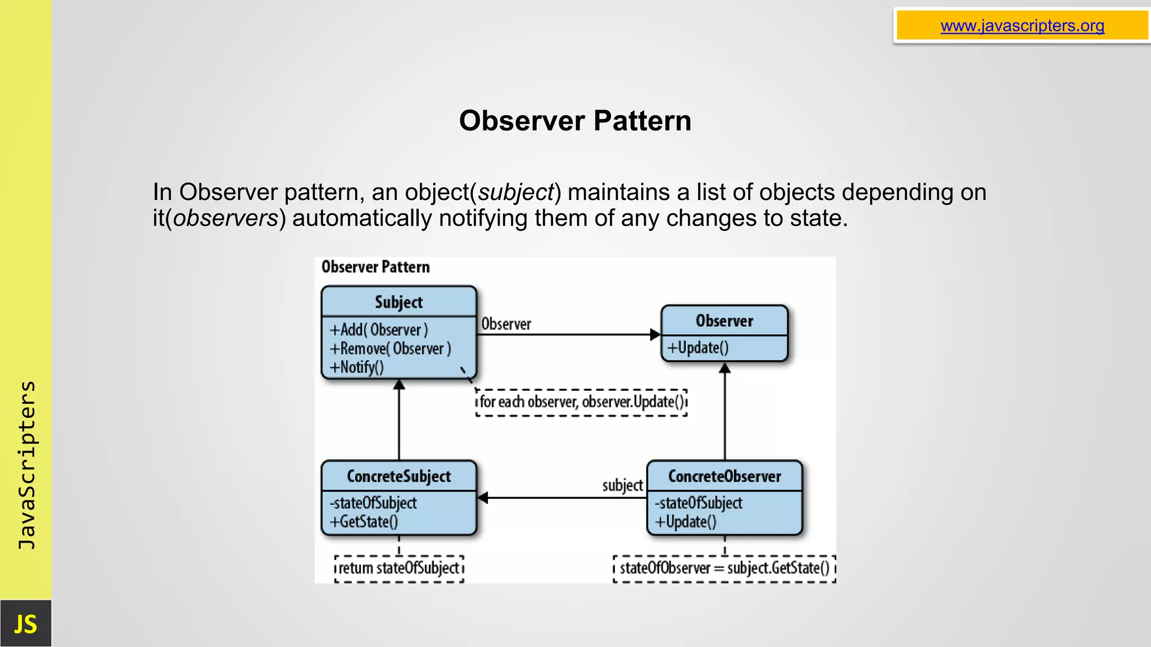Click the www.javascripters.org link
point(1022,26)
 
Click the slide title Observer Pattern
point(575,121)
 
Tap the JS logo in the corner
point(25,624)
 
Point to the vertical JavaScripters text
point(26,465)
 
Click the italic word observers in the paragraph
point(225,218)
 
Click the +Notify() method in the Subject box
point(357,367)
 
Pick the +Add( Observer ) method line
point(379,330)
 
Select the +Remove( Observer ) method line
point(390,349)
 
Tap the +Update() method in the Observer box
point(697,348)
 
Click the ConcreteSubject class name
point(398,476)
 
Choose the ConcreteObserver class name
point(724,476)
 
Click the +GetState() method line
point(364,522)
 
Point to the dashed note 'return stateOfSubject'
point(399,568)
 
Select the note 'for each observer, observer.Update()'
point(581,402)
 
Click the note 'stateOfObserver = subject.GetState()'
point(724,568)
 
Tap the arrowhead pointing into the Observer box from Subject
point(655,335)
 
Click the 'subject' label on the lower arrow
point(622,485)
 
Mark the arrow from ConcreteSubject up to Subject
point(399,421)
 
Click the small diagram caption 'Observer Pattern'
point(375,267)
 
